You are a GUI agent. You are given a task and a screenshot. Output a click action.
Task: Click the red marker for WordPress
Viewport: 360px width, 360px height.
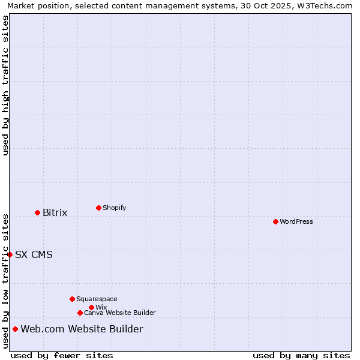tap(275, 221)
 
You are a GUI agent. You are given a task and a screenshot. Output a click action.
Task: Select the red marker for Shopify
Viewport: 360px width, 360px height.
tap(98, 208)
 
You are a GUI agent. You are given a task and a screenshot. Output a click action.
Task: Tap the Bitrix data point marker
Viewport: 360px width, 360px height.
tap(37, 212)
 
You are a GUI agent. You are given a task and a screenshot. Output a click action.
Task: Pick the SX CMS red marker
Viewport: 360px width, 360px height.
tap(10, 254)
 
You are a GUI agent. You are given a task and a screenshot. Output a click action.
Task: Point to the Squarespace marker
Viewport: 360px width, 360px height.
tap(72, 299)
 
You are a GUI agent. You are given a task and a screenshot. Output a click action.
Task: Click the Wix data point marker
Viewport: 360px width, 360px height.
tap(91, 307)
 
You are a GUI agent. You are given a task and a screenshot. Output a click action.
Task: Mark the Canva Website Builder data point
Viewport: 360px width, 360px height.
tap(80, 313)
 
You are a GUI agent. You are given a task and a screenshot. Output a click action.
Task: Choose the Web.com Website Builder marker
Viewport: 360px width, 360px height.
tap(15, 329)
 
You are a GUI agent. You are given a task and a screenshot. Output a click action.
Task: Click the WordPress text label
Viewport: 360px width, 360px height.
tap(296, 221)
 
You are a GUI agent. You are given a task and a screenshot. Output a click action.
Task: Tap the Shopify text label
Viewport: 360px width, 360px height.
tap(114, 208)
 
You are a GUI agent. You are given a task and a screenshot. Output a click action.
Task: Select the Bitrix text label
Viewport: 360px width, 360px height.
tap(55, 212)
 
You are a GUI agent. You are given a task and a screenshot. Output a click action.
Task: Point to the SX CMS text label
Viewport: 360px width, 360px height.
tap(34, 254)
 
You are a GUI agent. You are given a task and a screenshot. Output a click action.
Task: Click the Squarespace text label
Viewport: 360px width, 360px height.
tap(97, 299)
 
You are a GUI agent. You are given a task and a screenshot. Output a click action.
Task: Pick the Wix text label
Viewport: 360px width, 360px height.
tap(101, 307)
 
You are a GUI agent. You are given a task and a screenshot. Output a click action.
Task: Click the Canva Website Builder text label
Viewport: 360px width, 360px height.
tap(120, 313)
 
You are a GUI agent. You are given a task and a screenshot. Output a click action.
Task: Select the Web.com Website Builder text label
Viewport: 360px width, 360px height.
tap(82, 329)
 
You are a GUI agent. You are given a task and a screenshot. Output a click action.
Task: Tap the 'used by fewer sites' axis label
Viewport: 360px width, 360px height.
tap(62, 355)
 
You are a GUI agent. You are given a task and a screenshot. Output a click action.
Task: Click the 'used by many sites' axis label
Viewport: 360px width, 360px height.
tap(301, 355)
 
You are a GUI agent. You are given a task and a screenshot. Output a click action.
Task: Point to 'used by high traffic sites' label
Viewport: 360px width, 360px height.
tap(5, 85)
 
